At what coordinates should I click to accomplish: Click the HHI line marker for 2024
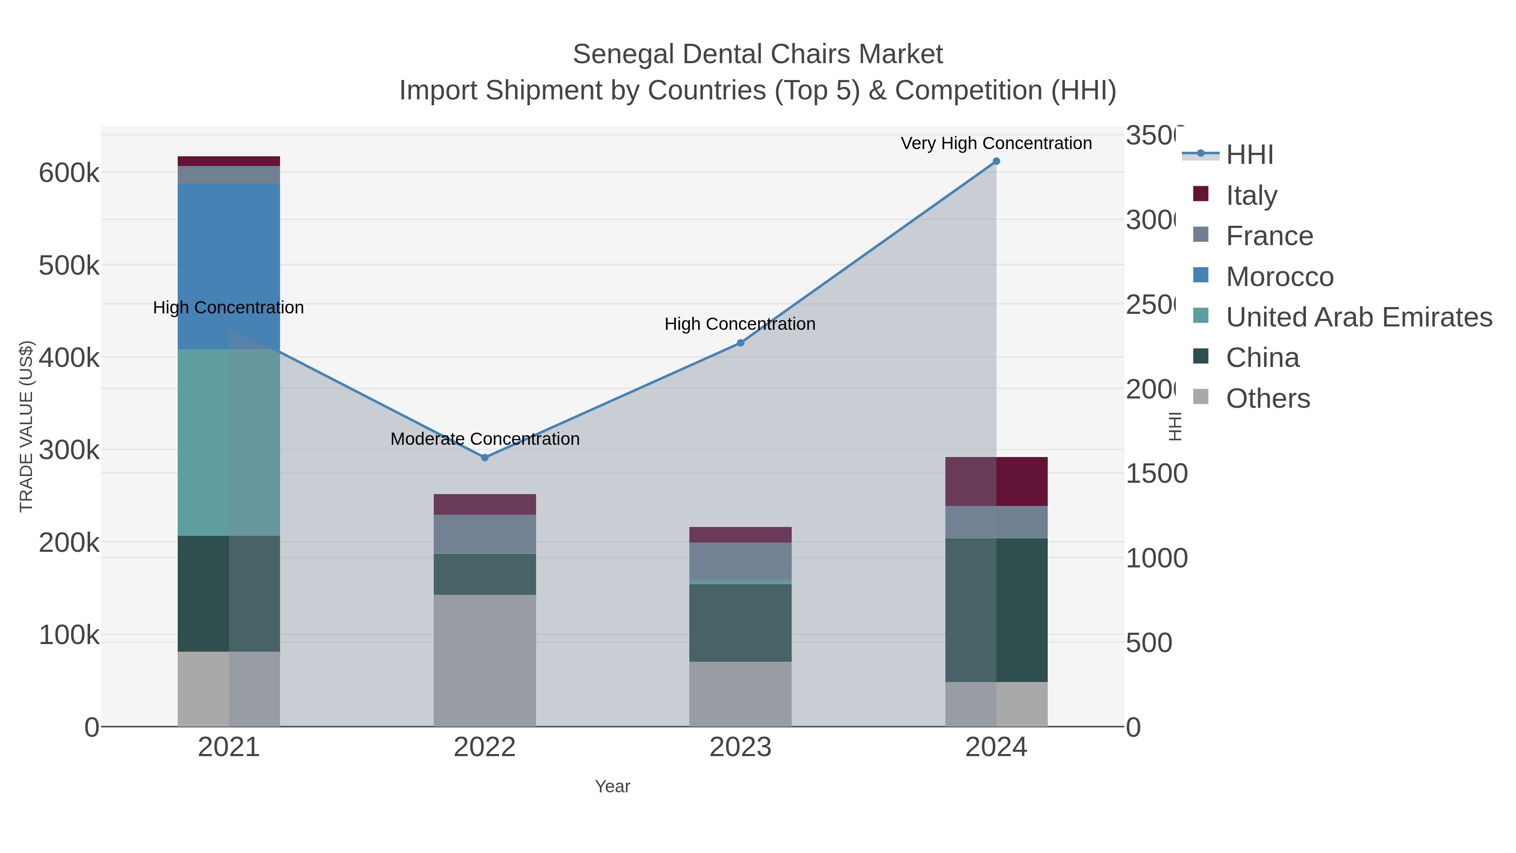tap(996, 161)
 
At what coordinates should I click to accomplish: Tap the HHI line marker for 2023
tap(740, 342)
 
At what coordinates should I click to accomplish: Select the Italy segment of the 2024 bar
tap(996, 481)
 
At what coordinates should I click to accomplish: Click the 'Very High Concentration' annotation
tap(996, 143)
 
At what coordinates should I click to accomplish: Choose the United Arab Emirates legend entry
tap(1358, 317)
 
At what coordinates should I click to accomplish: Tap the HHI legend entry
tap(1249, 154)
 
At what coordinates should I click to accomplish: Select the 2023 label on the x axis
tap(740, 747)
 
